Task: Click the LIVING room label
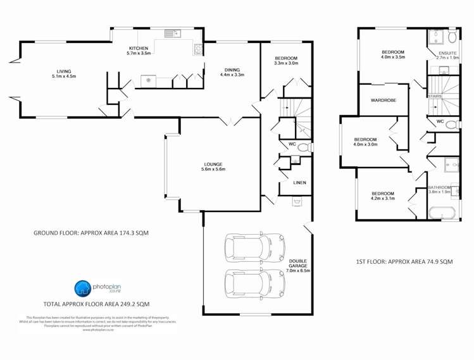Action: pos(63,74)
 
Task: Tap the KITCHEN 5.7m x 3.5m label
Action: pos(138,51)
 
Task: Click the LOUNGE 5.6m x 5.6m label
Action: pos(213,167)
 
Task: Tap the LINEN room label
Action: pos(299,183)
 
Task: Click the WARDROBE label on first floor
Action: pos(383,100)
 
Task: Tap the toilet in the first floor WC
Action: pos(451,125)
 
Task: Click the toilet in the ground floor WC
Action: pos(303,148)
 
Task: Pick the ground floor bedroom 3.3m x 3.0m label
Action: pos(285,61)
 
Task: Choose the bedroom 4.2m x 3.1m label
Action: pos(382,196)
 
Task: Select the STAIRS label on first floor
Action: pos(434,96)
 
